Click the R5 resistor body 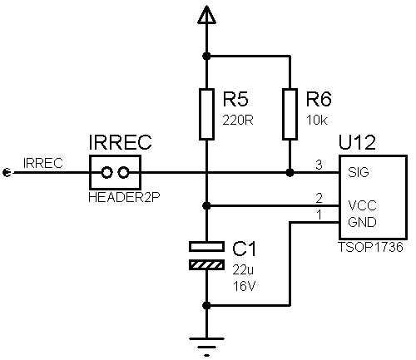206,114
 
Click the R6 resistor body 290,114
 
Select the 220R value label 238,121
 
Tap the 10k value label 317,121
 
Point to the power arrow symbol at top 206,15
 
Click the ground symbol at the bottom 206,347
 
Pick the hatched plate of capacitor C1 206,265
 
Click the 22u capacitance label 243,270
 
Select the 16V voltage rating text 244,286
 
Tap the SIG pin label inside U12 359,172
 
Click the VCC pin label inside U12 362,205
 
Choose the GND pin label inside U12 362,222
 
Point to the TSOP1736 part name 370,247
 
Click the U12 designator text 357,142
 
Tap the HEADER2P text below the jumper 124,197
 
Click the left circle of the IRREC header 106,172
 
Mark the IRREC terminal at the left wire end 7,172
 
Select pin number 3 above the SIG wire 319,165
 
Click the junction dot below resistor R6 290,173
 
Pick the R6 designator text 319,100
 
